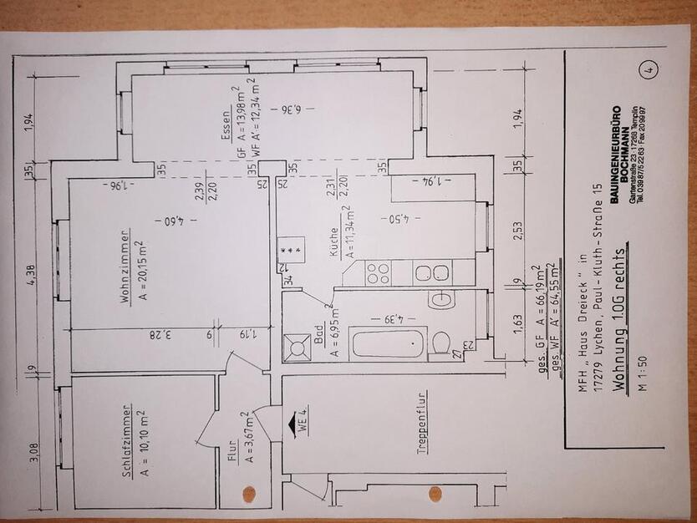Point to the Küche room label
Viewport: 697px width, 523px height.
point(334,247)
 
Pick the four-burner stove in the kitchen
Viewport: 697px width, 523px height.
point(378,273)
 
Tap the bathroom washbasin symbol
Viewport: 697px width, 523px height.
point(440,300)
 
